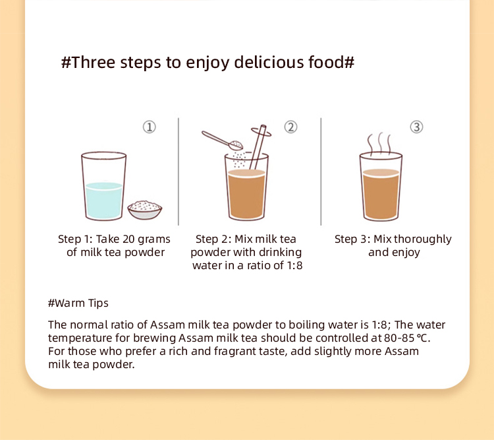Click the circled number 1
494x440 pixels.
click(x=150, y=127)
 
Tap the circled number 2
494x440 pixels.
click(x=290, y=127)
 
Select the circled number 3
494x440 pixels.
click(x=416, y=127)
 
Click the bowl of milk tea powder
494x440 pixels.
click(x=145, y=210)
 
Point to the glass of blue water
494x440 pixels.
click(x=103, y=186)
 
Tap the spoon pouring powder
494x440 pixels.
click(x=222, y=141)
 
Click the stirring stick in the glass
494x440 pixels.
click(x=258, y=146)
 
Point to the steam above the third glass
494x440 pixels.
click(x=380, y=144)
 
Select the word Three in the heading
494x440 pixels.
click(x=94, y=62)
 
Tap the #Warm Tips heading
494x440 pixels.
click(x=78, y=303)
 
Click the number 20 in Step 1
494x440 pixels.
click(x=128, y=239)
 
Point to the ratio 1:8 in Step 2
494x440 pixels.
click(x=294, y=265)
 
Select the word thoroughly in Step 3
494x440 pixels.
click(x=422, y=239)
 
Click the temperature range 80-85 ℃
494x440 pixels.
click(x=407, y=338)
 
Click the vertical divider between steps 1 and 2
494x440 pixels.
click(x=178, y=172)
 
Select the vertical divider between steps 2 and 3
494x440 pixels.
click(x=321, y=172)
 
